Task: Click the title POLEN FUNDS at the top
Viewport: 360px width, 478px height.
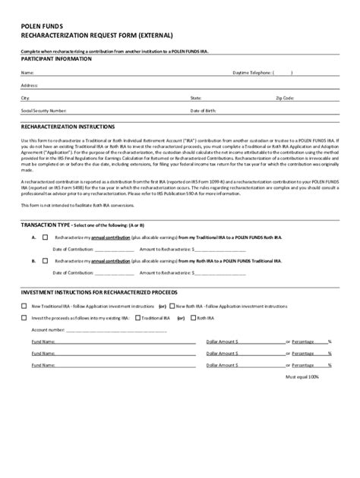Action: click(42, 24)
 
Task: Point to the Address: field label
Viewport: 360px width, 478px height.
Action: click(30, 86)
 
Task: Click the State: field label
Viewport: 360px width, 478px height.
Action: click(195, 98)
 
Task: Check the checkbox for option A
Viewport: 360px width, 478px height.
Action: click(45, 238)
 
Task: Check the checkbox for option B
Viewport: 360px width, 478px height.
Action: click(45, 260)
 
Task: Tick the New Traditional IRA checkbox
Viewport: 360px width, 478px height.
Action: click(24, 305)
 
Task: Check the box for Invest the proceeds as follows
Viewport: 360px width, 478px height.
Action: click(24, 318)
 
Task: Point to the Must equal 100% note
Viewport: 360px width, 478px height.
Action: click(302, 376)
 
